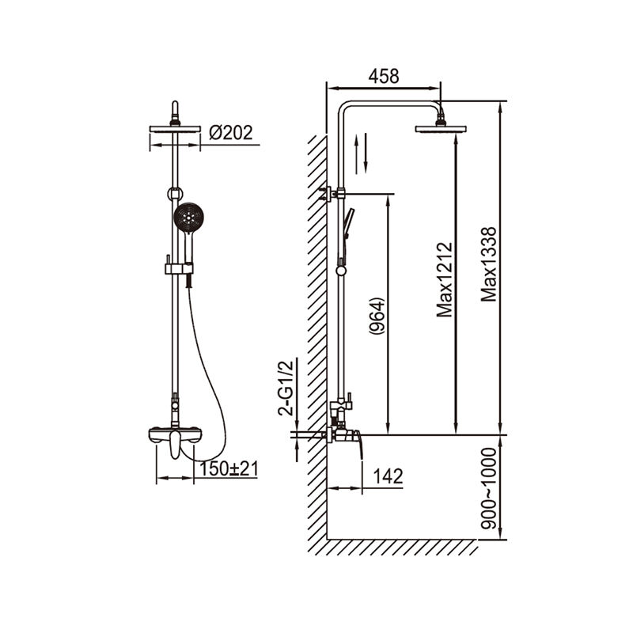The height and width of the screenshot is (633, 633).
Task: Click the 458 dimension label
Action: pyautogui.click(x=384, y=76)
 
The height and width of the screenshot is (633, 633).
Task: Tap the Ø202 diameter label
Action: pyautogui.click(x=231, y=132)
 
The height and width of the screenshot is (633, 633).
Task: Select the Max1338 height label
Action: pyautogui.click(x=488, y=264)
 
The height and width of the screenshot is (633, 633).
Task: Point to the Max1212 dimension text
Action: pyautogui.click(x=445, y=280)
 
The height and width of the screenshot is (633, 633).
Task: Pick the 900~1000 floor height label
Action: pyautogui.click(x=488, y=488)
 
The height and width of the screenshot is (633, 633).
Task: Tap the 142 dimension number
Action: pyautogui.click(x=388, y=476)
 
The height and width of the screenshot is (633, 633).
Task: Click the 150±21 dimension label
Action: pyautogui.click(x=229, y=468)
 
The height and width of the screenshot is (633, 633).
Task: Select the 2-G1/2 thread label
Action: pyautogui.click(x=285, y=388)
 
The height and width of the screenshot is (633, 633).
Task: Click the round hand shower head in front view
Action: pyautogui.click(x=188, y=218)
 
